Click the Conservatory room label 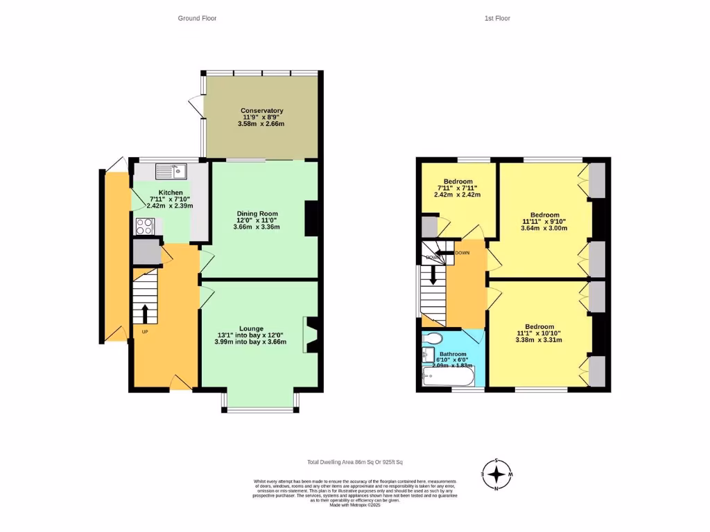click(x=261, y=111)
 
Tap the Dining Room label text click(x=257, y=213)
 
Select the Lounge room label click(x=251, y=328)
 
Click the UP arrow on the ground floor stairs click(x=145, y=313)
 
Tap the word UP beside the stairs click(x=145, y=332)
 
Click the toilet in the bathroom click(x=433, y=339)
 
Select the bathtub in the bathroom click(x=449, y=378)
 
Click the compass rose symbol click(x=496, y=475)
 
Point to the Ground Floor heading click(x=197, y=19)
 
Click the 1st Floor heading click(x=497, y=19)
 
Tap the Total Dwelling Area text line click(x=355, y=462)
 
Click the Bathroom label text click(x=453, y=354)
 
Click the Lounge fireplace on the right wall click(x=310, y=335)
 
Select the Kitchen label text click(x=171, y=193)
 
